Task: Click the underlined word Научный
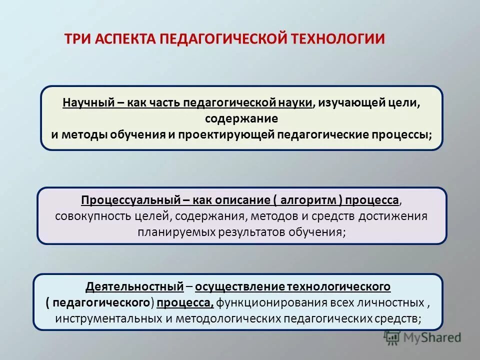point(88,103)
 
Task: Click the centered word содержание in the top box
point(241,119)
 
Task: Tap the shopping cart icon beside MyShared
point(392,337)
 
